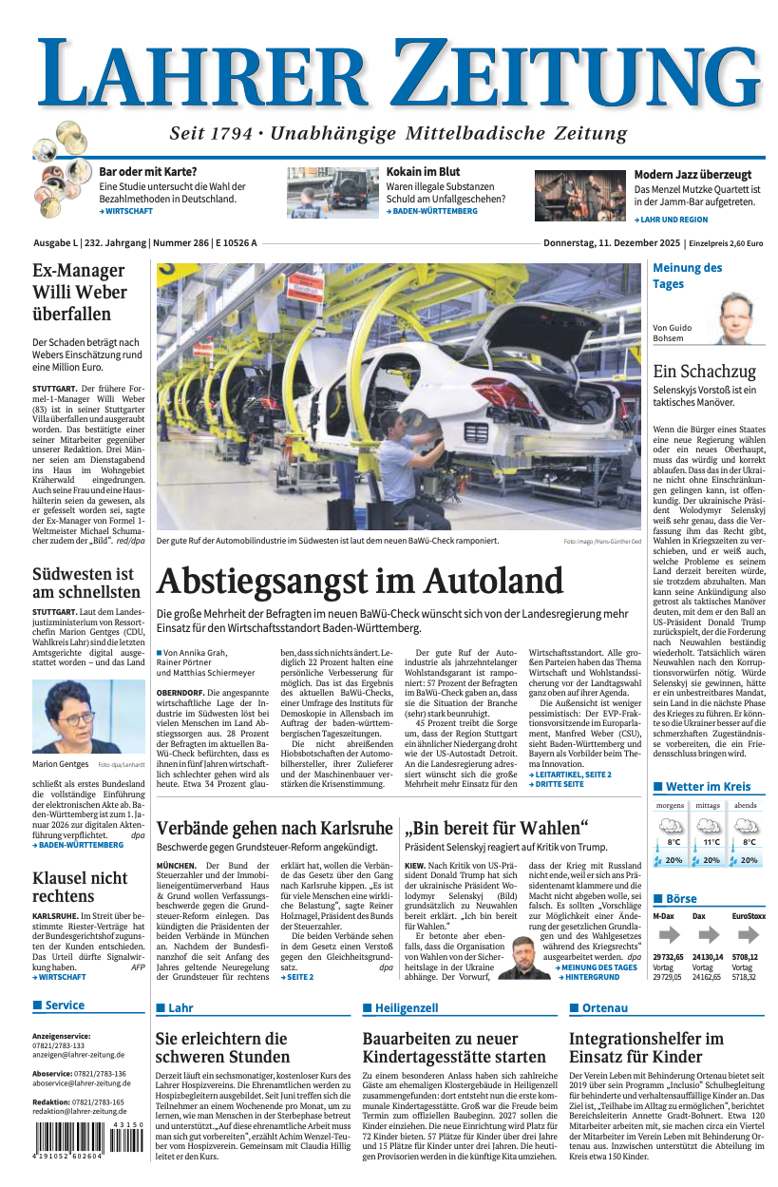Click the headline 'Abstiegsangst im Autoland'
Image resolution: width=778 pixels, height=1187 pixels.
click(x=360, y=582)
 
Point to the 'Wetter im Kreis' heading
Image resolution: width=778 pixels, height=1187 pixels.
click(x=708, y=787)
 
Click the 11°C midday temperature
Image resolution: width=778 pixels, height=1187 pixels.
click(x=711, y=842)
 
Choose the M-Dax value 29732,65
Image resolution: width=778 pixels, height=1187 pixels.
click(x=668, y=957)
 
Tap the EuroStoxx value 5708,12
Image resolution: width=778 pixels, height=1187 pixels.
click(x=745, y=957)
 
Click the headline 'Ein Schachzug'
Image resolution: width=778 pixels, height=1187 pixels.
click(x=704, y=372)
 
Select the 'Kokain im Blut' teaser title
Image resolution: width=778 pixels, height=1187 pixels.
click(x=423, y=172)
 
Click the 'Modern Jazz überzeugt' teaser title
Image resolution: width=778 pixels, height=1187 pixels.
click(x=693, y=175)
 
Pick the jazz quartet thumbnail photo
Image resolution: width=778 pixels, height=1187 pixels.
click(x=579, y=196)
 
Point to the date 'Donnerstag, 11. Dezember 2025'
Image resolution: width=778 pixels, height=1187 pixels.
click(x=613, y=243)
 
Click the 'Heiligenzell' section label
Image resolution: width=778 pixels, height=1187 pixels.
click(x=406, y=1008)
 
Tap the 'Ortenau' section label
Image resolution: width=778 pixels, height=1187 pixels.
click(x=604, y=1008)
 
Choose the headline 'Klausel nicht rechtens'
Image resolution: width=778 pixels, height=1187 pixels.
click(x=80, y=887)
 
